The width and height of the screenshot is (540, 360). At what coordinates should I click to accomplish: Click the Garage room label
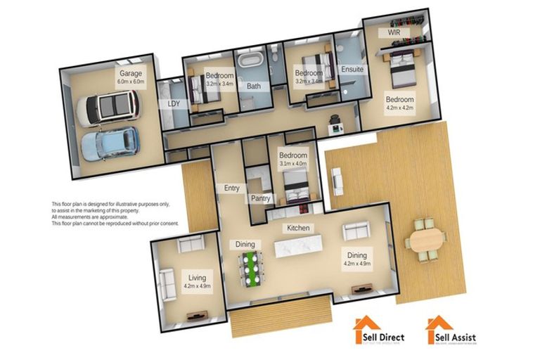(x=131, y=72)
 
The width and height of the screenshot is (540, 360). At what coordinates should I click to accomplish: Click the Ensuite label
(x=352, y=70)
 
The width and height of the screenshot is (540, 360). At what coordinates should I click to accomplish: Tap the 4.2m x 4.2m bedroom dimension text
(x=399, y=109)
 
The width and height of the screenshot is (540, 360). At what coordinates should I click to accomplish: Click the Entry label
(x=231, y=188)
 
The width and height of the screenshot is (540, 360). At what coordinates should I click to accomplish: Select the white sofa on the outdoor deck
(x=338, y=182)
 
